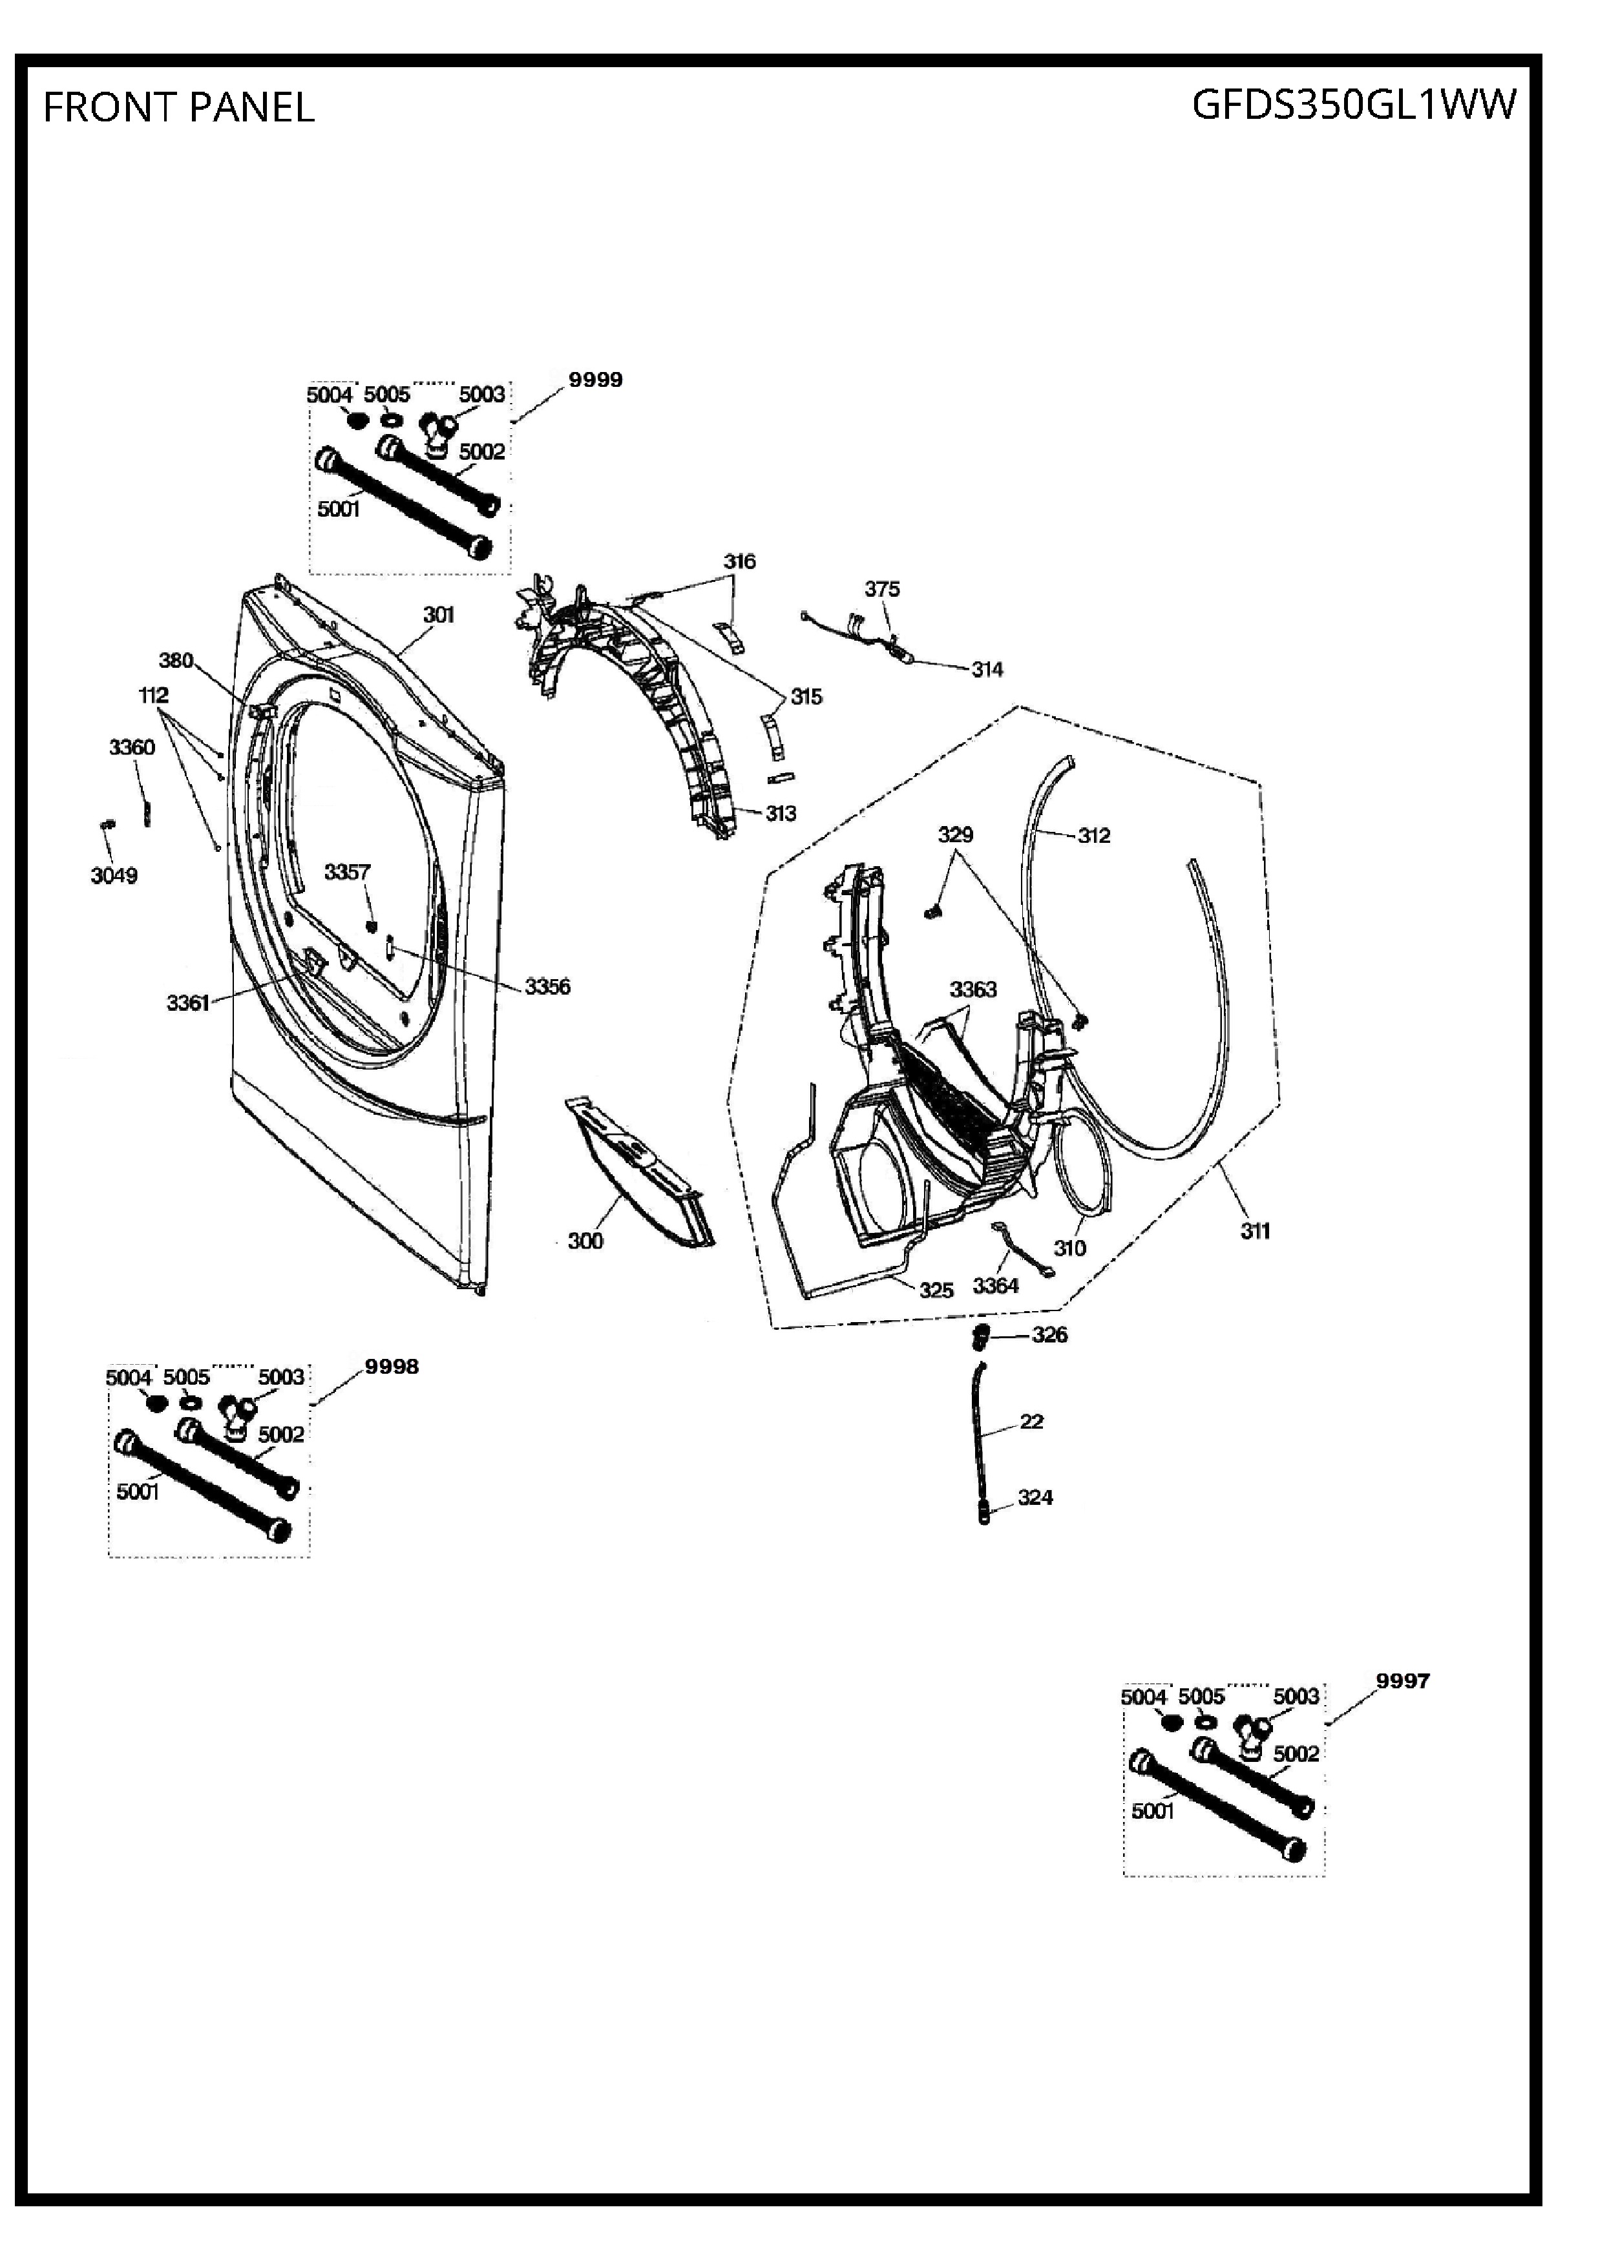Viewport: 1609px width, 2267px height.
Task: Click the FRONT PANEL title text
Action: click(180, 107)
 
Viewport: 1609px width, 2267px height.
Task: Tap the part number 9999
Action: click(595, 379)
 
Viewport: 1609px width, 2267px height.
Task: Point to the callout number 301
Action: click(439, 614)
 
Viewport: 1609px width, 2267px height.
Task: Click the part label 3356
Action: click(548, 986)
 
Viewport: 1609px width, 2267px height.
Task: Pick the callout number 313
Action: click(781, 813)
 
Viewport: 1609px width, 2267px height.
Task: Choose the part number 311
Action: click(1256, 1230)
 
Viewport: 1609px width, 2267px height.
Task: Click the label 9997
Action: click(1403, 1680)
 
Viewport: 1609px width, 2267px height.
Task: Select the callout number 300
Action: click(585, 1240)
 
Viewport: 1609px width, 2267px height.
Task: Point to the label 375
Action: click(882, 588)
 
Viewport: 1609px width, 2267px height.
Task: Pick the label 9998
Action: click(392, 1366)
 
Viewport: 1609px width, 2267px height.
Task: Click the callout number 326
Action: click(1050, 1334)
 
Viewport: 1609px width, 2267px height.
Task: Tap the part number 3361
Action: click(188, 1002)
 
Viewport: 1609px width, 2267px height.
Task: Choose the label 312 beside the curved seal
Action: click(1094, 835)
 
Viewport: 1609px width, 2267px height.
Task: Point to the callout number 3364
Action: click(996, 1285)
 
